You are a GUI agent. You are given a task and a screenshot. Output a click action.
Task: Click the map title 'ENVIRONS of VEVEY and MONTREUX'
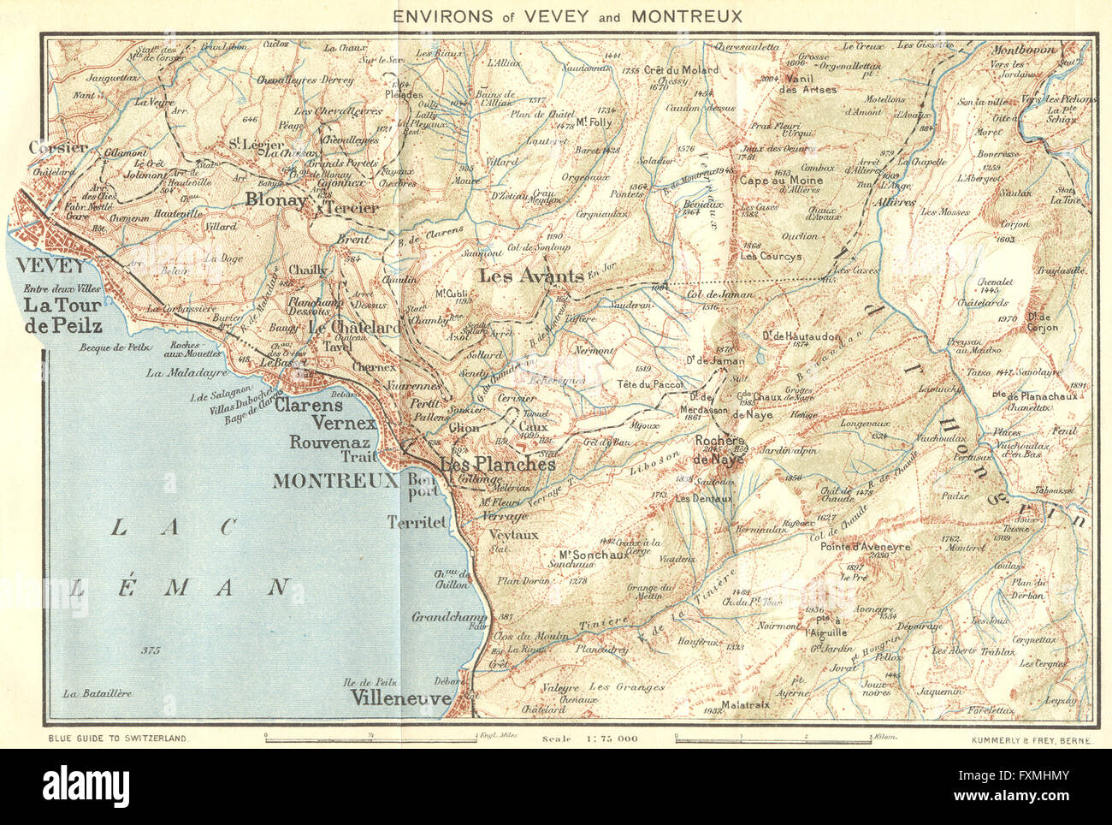[x=567, y=16]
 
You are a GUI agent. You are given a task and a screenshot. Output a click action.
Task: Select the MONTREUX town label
[x=335, y=481]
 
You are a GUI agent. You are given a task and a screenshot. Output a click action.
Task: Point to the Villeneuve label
[x=401, y=698]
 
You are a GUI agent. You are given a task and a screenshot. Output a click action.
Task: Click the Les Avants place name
[x=530, y=276]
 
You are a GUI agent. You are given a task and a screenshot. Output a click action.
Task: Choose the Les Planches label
[x=497, y=464]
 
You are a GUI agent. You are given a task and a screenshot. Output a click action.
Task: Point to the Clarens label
[x=308, y=406]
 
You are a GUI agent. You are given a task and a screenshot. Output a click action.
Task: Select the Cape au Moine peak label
[x=781, y=181]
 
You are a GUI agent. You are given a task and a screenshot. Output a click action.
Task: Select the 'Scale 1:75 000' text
[x=589, y=738]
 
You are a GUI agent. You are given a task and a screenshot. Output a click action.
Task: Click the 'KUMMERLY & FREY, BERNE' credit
[x=1032, y=738]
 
